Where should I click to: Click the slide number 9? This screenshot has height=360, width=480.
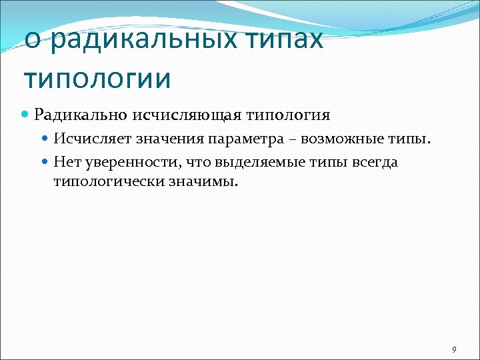pos(454,349)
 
